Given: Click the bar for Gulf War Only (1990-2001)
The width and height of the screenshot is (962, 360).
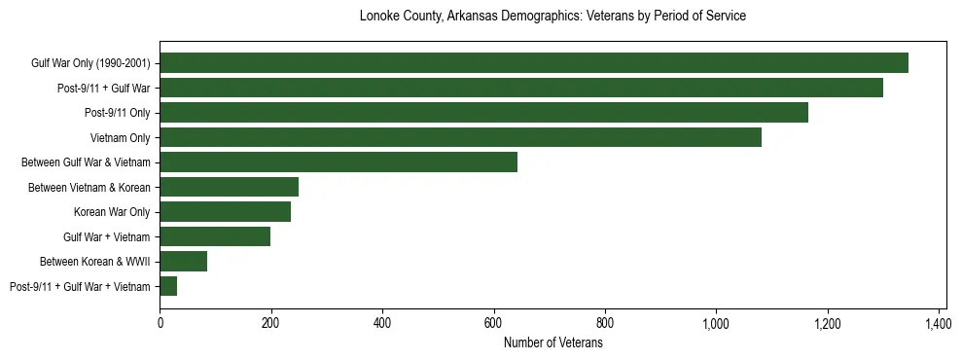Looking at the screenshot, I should [x=534, y=63].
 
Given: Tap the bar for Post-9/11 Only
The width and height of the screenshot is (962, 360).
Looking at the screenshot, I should [x=484, y=113].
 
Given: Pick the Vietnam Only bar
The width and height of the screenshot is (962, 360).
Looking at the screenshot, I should [x=461, y=137].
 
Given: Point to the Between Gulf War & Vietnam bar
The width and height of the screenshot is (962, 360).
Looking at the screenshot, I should [x=338, y=162].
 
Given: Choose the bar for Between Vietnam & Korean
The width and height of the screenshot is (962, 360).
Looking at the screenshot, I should [x=230, y=187].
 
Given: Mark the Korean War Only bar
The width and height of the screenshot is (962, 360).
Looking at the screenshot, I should [x=226, y=212].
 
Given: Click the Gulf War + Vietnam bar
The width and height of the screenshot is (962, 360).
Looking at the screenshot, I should [x=215, y=236].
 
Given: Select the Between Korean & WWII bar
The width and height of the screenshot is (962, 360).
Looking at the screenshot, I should [x=184, y=262].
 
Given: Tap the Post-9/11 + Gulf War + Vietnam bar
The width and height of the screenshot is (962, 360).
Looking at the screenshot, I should [x=168, y=286].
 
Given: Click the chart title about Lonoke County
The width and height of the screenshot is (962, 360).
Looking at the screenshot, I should [x=552, y=17].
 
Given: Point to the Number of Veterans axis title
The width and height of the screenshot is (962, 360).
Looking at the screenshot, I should [x=552, y=343].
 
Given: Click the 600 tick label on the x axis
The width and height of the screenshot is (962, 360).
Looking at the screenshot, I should [x=494, y=323].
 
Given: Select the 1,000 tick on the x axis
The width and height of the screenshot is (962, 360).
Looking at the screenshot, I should [x=716, y=323].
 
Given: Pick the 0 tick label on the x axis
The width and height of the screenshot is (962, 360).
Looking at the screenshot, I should [x=160, y=323].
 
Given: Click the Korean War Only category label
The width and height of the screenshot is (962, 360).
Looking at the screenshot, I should [x=112, y=212].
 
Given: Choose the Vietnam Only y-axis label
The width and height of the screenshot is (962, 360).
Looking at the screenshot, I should [x=121, y=138].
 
